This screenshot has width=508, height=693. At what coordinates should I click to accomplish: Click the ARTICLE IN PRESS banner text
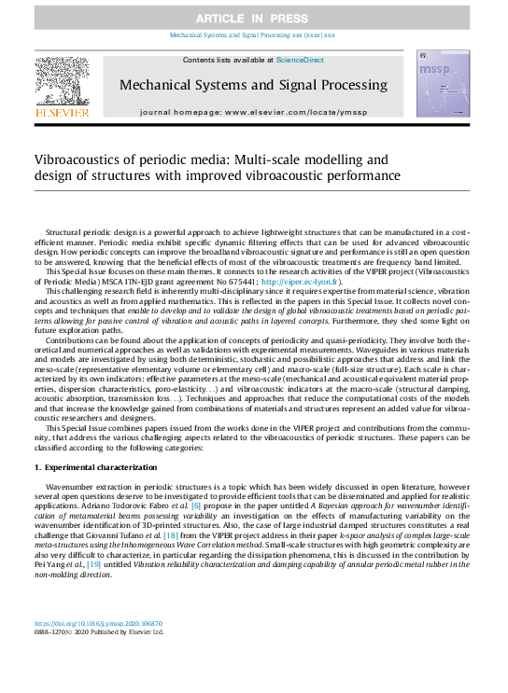(253, 18)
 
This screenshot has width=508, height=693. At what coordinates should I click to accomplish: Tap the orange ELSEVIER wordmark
(62, 113)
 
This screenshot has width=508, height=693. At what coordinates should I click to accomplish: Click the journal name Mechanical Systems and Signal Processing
(253, 86)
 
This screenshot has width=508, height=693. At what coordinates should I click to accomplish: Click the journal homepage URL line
(253, 111)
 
